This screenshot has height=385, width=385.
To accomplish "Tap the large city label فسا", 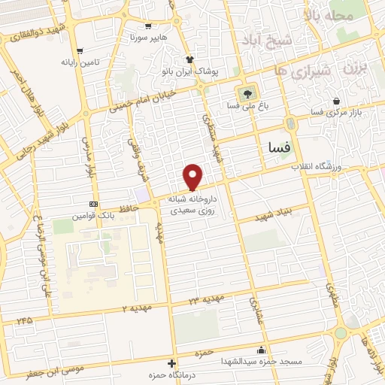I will click(x=274, y=149).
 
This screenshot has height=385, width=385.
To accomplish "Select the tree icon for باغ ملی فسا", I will click(x=245, y=94).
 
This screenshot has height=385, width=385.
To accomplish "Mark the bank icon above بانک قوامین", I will click(x=93, y=204).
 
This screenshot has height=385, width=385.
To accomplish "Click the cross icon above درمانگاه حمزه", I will click(x=171, y=364).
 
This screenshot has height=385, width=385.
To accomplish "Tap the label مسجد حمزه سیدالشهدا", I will click(x=260, y=362).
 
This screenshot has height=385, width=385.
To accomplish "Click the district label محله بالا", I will click(x=327, y=15).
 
